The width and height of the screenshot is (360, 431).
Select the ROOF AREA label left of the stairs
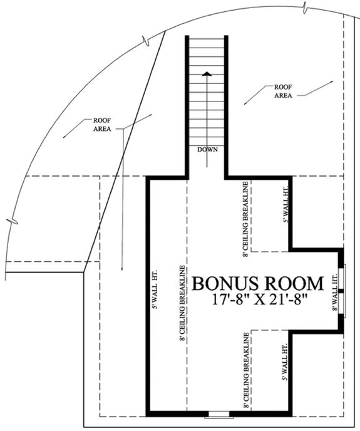tap(102, 125)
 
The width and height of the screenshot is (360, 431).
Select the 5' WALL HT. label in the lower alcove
tap(285, 363)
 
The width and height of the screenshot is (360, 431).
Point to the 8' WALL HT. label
tap(335, 286)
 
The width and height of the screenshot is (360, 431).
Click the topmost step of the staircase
tap(206, 40)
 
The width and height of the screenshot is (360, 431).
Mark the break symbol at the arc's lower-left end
tap(8, 219)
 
